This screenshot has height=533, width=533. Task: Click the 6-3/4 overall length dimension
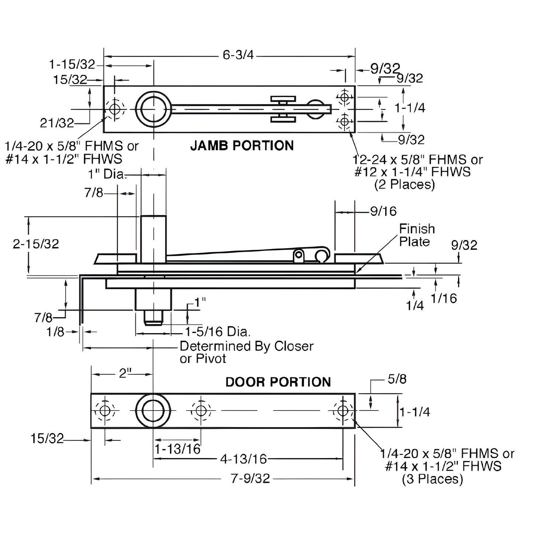tap(238, 55)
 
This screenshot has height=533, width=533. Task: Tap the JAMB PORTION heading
tap(242, 146)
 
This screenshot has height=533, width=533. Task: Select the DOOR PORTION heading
tap(278, 382)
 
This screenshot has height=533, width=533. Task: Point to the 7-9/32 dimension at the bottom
tap(250, 478)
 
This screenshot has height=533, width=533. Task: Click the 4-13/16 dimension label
tap(243, 459)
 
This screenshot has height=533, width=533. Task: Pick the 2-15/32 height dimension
tap(36, 244)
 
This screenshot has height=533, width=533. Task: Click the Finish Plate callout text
tap(417, 235)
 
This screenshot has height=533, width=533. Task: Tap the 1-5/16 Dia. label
tap(218, 332)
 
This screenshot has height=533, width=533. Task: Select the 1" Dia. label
tap(107, 174)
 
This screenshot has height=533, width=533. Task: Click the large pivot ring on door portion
tap(153, 411)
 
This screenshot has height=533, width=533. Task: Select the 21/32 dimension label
tap(57, 123)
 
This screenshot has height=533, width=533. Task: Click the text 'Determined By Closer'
tap(246, 346)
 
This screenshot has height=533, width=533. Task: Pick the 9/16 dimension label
tap(384, 211)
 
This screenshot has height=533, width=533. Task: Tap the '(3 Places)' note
tap(432, 479)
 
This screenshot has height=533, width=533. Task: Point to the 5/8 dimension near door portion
tap(397, 379)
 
